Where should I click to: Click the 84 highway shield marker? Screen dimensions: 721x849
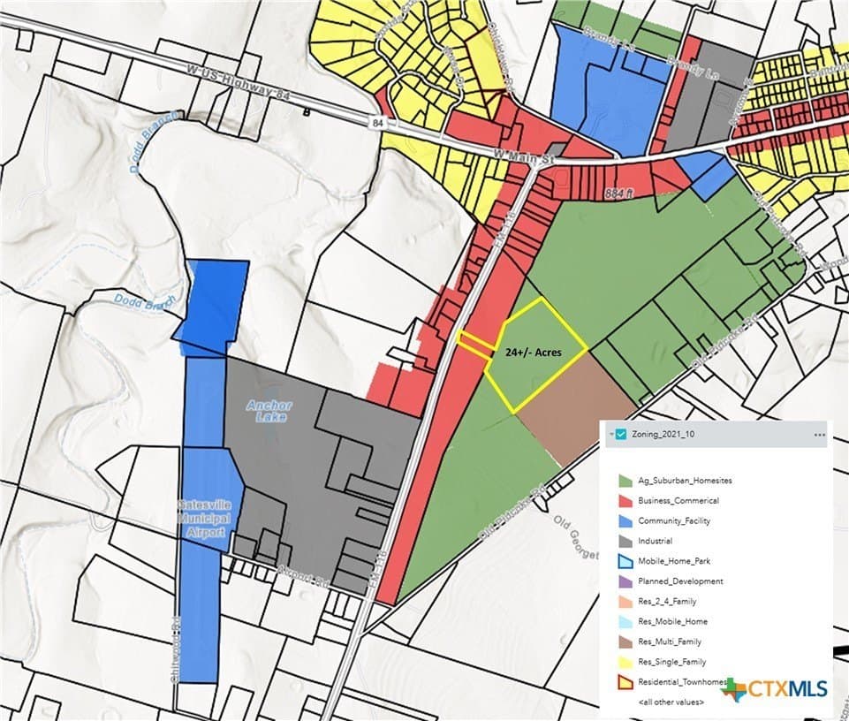377,121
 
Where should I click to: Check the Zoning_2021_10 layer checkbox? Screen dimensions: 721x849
620,434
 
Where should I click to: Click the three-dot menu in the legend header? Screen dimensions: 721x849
819,434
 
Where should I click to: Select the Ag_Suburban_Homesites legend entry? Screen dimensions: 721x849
671,481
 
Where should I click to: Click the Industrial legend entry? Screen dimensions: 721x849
655,541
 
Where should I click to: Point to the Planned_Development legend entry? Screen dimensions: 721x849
680,581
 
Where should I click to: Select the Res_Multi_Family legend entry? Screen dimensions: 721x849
669,641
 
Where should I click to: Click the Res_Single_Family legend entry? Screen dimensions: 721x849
671,662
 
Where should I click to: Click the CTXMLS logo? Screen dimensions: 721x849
777,688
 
